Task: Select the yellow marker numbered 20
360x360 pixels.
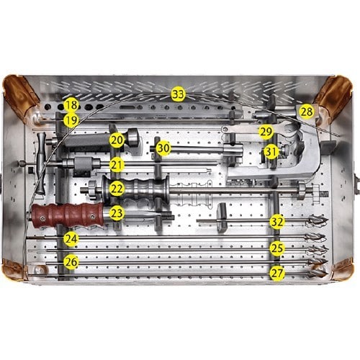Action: [117, 140]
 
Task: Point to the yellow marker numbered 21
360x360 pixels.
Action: [117, 164]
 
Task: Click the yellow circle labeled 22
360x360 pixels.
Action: [117, 189]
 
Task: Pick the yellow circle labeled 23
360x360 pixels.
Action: [117, 213]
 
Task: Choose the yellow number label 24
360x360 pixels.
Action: [71, 238]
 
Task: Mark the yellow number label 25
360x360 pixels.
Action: [277, 248]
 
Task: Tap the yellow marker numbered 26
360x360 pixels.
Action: [71, 261]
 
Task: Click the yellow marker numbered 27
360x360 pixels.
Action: [277, 273]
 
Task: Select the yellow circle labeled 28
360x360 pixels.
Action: [307, 112]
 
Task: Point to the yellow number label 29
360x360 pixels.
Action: [266, 132]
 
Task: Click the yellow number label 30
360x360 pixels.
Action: [163, 148]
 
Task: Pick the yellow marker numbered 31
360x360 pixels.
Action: [270, 152]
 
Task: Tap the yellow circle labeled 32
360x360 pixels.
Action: [276, 222]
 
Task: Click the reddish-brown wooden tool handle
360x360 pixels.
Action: [67, 214]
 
